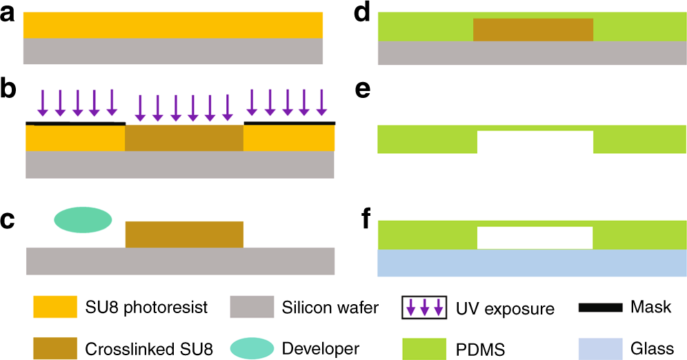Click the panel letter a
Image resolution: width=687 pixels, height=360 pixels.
point(8,14)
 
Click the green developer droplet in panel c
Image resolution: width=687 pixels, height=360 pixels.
point(83,219)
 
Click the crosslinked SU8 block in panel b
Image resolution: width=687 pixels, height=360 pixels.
point(184,138)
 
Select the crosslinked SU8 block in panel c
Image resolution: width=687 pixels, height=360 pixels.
point(184,234)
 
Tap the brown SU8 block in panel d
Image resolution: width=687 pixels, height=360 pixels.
point(532,30)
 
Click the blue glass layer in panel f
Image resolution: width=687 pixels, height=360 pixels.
point(532,263)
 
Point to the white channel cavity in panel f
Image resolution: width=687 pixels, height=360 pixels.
point(535,238)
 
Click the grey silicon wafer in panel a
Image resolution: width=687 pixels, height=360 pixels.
point(173,50)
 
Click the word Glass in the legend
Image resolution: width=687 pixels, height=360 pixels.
point(652,348)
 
